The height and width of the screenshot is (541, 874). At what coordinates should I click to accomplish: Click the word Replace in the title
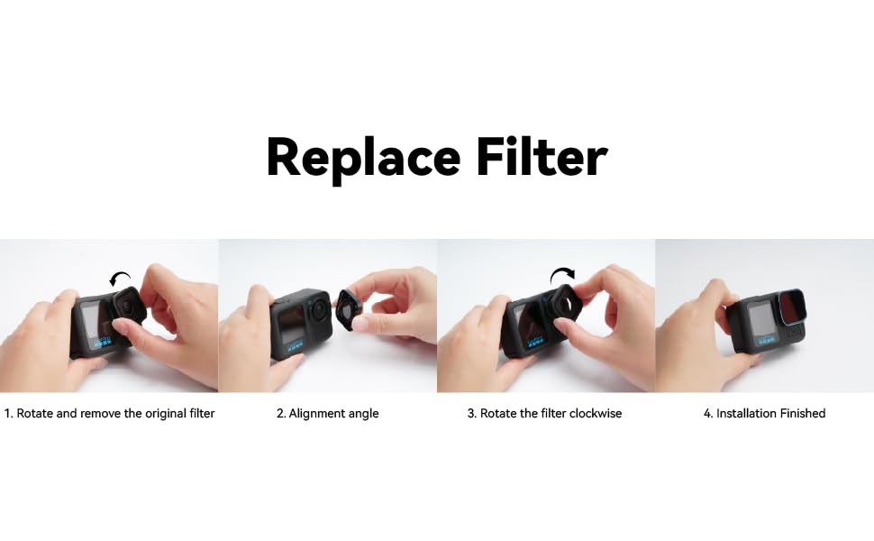[x=363, y=159]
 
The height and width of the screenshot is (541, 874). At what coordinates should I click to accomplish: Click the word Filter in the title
[x=542, y=156]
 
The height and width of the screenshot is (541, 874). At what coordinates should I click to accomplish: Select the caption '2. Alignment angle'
[x=328, y=414]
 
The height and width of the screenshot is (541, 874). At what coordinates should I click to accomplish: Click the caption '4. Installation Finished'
[x=764, y=413]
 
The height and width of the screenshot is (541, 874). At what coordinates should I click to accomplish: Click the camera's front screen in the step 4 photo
[x=760, y=319]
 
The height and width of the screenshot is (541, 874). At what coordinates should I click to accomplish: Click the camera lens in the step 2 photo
[x=318, y=307]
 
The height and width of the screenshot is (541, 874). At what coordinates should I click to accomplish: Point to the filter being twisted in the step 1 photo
[x=130, y=307]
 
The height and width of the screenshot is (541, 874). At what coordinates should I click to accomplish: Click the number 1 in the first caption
[x=7, y=414]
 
